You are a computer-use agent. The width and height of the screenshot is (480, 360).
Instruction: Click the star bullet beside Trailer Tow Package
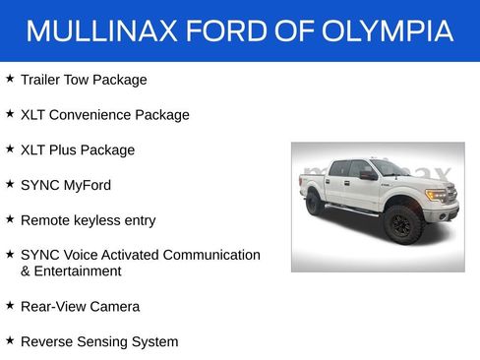click(10, 78)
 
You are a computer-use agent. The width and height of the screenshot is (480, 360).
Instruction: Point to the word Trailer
click(41, 80)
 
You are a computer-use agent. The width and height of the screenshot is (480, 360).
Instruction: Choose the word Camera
click(115, 307)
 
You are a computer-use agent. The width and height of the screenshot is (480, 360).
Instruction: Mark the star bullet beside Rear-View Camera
click(10, 305)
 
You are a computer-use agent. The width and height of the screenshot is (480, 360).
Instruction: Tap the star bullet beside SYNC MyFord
click(10, 184)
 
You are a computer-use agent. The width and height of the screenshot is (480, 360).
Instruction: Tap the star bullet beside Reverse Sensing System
click(10, 340)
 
